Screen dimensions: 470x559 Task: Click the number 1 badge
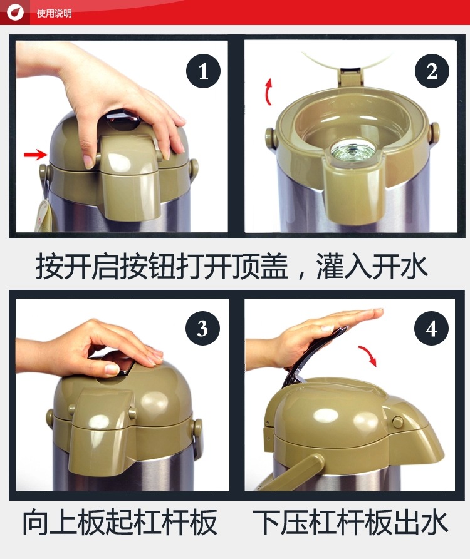click(203, 71)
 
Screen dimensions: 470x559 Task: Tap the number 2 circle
click(432, 71)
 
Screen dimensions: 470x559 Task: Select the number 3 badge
click(202, 328)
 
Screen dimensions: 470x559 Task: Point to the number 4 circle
click(431, 328)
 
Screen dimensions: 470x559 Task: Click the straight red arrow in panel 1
click(35, 155)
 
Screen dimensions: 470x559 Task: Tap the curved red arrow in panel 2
click(268, 92)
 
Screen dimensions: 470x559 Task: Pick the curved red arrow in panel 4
click(368, 355)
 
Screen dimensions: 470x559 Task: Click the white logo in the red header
click(15, 13)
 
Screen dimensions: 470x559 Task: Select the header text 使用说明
click(55, 14)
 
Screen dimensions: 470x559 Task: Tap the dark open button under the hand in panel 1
click(123, 120)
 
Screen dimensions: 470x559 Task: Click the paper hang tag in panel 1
click(45, 214)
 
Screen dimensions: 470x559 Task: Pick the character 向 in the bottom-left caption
click(36, 522)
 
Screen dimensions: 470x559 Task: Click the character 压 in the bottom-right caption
click(294, 522)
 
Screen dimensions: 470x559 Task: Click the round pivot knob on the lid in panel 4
click(397, 421)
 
